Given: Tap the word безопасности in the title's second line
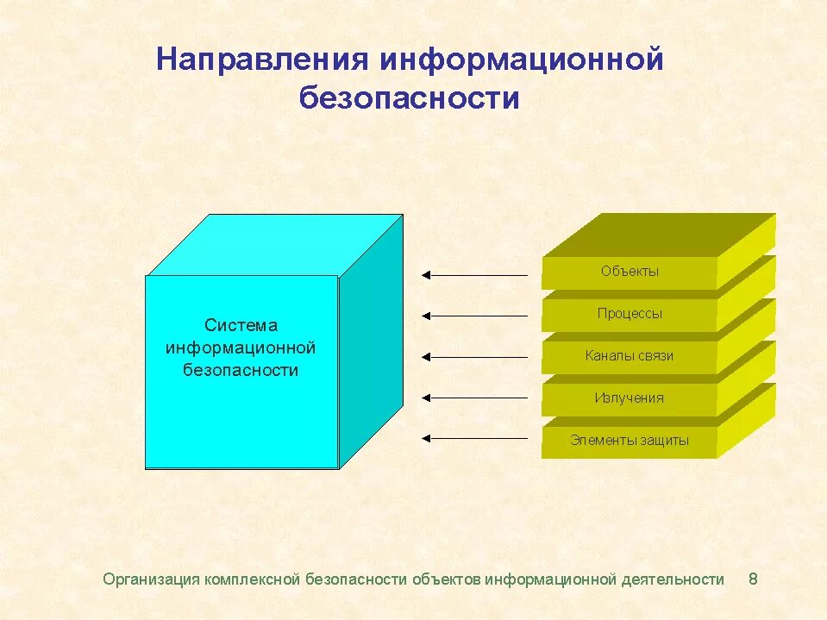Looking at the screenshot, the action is point(410,98).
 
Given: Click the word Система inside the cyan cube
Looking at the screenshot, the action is point(241,325).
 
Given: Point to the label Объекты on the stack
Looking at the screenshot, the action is point(630,272).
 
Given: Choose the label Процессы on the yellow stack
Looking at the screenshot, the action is point(630,314).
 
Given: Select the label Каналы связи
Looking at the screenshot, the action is point(630,355).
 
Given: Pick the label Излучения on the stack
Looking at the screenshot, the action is point(630,398).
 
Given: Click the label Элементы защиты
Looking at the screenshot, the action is point(630,440).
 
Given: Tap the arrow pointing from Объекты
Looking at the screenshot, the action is point(474,275).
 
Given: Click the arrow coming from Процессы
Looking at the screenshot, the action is point(474,316).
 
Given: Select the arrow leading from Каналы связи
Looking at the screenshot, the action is point(474,356).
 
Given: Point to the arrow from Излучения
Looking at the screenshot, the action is point(474,398).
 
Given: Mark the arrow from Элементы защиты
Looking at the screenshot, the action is point(474,438).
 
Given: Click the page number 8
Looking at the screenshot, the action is point(753,579).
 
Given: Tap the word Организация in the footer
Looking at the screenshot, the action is point(151,579).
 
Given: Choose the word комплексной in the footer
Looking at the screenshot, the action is point(253,579).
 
